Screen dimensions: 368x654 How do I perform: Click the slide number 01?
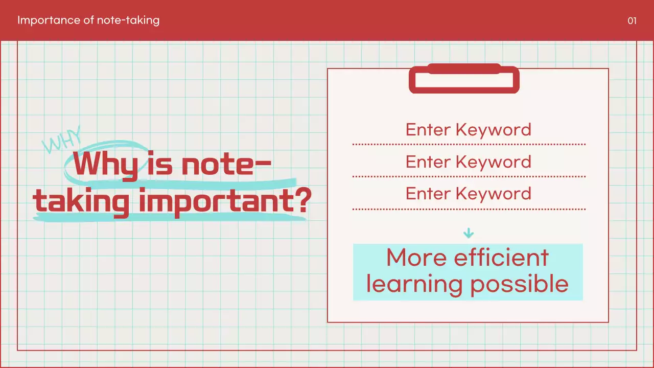click(x=632, y=21)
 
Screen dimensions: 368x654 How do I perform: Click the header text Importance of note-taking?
click(x=88, y=20)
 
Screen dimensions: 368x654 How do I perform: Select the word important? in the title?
click(x=225, y=201)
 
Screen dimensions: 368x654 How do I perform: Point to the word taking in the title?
click(x=81, y=202)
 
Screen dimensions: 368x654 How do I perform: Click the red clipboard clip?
click(x=464, y=79)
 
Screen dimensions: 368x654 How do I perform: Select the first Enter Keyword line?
click(x=468, y=129)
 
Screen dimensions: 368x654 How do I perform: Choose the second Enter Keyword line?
click(x=468, y=162)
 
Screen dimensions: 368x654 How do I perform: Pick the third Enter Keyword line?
click(x=468, y=193)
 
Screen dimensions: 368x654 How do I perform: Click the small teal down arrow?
click(x=468, y=234)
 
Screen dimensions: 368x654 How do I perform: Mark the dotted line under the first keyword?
click(x=469, y=145)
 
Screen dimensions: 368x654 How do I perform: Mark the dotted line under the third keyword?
click(x=469, y=209)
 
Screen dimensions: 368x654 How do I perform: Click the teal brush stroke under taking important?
click(x=169, y=217)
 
